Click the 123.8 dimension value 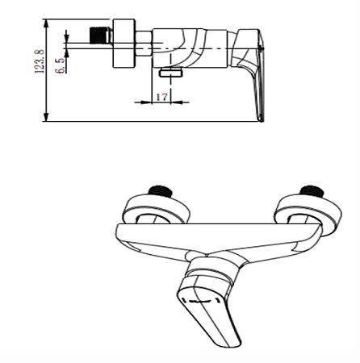click(x=40, y=61)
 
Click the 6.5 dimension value click(x=61, y=65)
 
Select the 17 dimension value click(x=161, y=97)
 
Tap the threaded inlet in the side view click(x=100, y=35)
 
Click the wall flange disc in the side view click(x=123, y=43)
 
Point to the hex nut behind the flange click(x=144, y=44)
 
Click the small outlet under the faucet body click(x=171, y=73)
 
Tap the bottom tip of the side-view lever click(x=262, y=120)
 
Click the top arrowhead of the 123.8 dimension click(x=46, y=23)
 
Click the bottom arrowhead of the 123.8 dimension click(x=46, y=117)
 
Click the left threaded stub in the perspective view click(x=161, y=192)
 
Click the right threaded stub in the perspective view click(x=312, y=192)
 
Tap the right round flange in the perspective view click(x=308, y=211)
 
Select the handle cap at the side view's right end click(x=248, y=48)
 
